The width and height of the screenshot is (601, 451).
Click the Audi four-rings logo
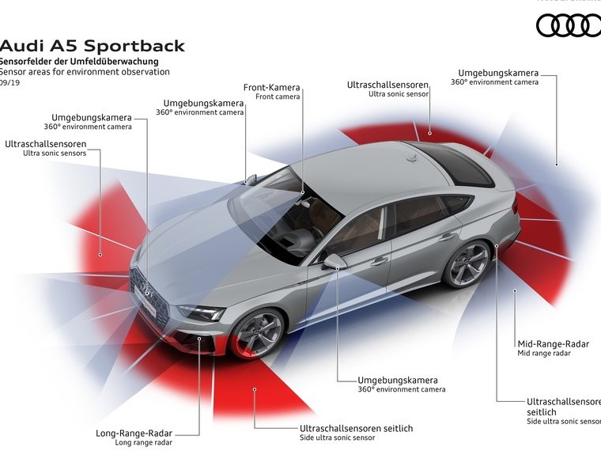pyautogui.click(x=569, y=25)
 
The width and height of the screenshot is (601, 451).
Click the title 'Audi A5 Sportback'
pyautogui.click(x=93, y=45)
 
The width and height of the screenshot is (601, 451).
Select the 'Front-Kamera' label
pyautogui.click(x=272, y=87)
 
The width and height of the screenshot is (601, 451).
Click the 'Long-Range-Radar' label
pyautogui.click(x=134, y=433)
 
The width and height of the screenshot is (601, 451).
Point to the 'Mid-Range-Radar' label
pyautogui.click(x=554, y=343)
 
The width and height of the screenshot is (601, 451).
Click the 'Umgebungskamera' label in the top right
pyautogui.click(x=498, y=73)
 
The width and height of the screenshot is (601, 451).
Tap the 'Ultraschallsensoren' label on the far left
pyautogui.click(x=46, y=144)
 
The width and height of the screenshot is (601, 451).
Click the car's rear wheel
pyautogui.click(x=467, y=263)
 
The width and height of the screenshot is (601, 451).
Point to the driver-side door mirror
pyautogui.click(x=334, y=261)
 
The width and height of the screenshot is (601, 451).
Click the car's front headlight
pyautogui.click(x=201, y=312)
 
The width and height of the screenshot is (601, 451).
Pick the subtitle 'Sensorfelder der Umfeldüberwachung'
pyautogui.click(x=79, y=61)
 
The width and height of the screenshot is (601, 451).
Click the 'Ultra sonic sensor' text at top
pyautogui.click(x=399, y=93)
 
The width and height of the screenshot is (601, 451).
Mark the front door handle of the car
pyautogui.click(x=380, y=260)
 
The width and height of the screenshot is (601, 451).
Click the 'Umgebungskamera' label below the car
pyautogui.click(x=398, y=380)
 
